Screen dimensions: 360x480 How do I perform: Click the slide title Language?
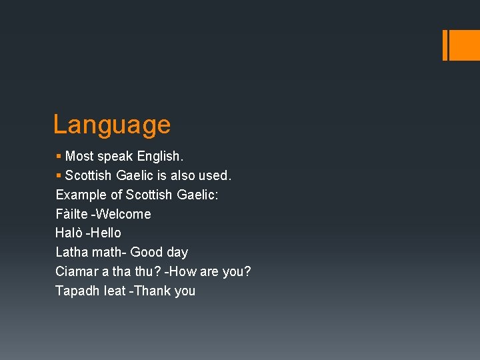click(x=112, y=125)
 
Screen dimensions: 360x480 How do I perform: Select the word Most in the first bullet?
click(x=79, y=157)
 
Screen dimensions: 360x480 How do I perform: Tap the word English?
click(x=160, y=157)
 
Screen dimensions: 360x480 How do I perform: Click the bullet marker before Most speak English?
click(x=59, y=157)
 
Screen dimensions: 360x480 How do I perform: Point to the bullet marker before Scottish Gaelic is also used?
click(x=59, y=176)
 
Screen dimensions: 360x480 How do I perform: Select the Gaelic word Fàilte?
click(x=70, y=214)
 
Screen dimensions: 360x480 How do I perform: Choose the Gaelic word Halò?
click(x=69, y=233)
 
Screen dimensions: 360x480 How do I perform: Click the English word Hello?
click(x=105, y=233)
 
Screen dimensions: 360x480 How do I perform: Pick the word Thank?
click(x=153, y=291)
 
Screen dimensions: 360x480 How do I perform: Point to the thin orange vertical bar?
click(x=445, y=45)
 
